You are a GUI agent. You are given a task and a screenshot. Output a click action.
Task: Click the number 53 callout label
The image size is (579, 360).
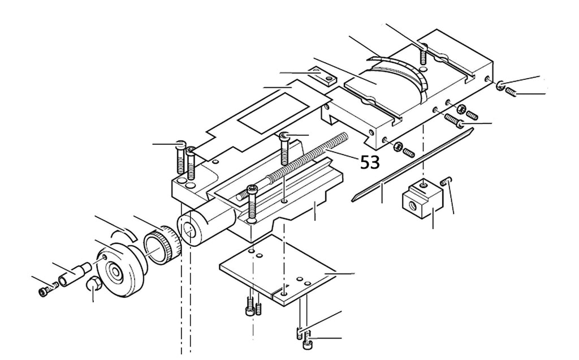click(x=370, y=162)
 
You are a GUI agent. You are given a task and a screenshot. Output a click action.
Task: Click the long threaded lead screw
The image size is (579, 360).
click(x=292, y=166)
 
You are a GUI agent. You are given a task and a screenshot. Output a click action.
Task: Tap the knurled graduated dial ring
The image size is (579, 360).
click(x=162, y=245)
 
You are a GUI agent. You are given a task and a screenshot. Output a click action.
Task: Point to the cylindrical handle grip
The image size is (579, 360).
click(x=74, y=275)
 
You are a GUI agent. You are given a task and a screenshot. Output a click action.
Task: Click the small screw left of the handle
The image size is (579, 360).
click(x=48, y=288)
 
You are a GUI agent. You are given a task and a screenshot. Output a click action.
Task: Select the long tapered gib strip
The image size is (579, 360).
click(x=412, y=165)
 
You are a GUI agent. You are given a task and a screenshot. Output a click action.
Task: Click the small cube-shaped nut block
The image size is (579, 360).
click(x=422, y=199)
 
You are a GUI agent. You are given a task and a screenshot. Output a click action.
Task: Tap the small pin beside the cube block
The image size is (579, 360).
click(x=446, y=181)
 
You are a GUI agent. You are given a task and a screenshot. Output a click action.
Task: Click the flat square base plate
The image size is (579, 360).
click(x=278, y=270)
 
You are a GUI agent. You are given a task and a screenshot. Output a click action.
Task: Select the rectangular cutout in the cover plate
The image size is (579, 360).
click(x=273, y=113)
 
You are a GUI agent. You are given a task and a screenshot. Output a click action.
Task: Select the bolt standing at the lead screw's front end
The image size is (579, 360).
click(x=252, y=203)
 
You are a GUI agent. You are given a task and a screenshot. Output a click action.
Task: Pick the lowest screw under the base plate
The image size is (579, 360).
click(x=307, y=340)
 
